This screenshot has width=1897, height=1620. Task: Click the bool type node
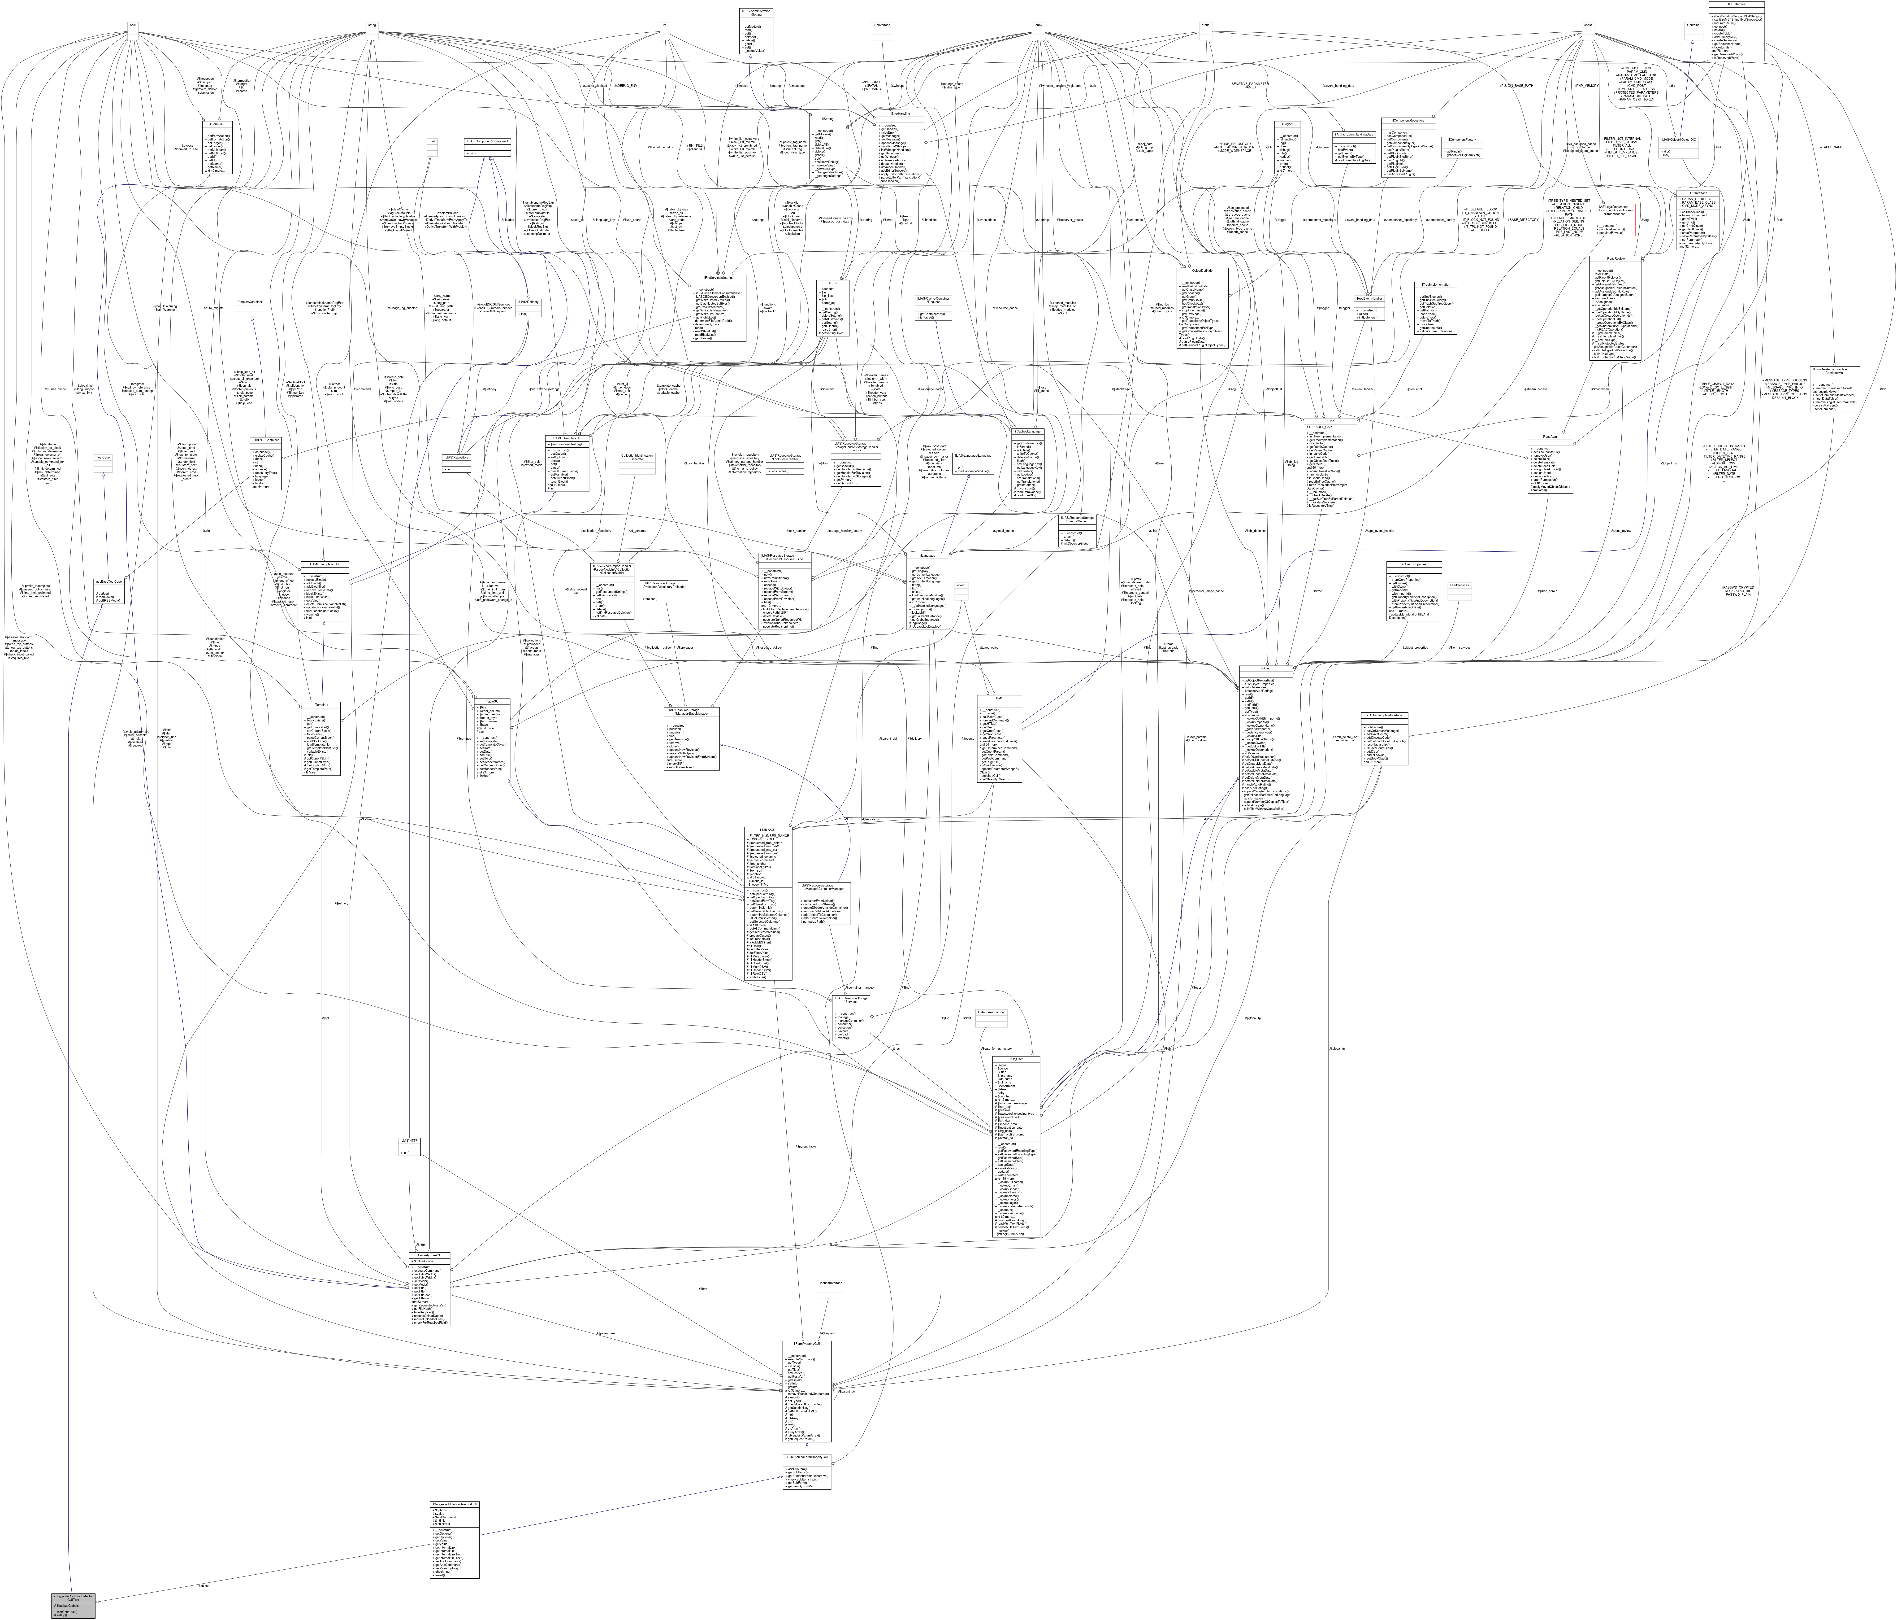coord(133,25)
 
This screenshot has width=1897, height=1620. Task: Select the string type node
coord(372,25)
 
